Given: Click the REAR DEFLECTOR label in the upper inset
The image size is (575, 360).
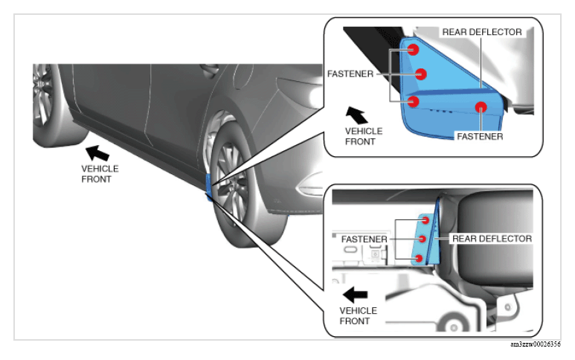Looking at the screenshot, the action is click(x=482, y=32).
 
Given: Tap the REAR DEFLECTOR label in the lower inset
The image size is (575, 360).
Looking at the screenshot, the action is click(x=492, y=239).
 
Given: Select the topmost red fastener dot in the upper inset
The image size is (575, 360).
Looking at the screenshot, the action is click(x=414, y=49).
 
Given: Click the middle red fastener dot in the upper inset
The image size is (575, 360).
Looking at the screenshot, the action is click(x=421, y=74).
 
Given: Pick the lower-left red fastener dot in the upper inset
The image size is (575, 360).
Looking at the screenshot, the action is click(x=414, y=101).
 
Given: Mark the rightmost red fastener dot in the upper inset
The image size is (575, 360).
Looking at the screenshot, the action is click(x=481, y=107).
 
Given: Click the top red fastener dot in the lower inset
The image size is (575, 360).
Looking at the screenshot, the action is click(x=425, y=220).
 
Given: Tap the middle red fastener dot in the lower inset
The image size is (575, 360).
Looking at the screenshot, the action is click(x=423, y=239).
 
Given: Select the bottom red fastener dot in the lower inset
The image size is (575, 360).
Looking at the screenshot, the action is click(x=419, y=258).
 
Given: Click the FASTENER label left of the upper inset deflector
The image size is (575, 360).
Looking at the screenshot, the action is click(x=350, y=74).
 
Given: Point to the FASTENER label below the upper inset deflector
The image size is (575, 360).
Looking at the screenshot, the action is click(x=480, y=137).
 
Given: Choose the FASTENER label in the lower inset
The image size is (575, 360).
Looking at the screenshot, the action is click(x=364, y=240).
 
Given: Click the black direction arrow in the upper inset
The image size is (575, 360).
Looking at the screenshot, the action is click(x=356, y=115).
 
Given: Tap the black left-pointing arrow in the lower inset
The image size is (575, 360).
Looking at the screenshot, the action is click(x=355, y=295).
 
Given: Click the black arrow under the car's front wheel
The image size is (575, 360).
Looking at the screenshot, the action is click(x=97, y=153).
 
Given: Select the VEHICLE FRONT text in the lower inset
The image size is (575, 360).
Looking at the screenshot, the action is click(x=358, y=315).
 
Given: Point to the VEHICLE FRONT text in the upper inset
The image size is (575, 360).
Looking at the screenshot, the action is click(x=364, y=136).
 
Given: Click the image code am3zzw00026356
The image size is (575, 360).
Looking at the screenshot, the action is click(x=535, y=344).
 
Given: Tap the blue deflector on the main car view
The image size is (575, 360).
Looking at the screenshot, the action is click(x=209, y=187).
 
